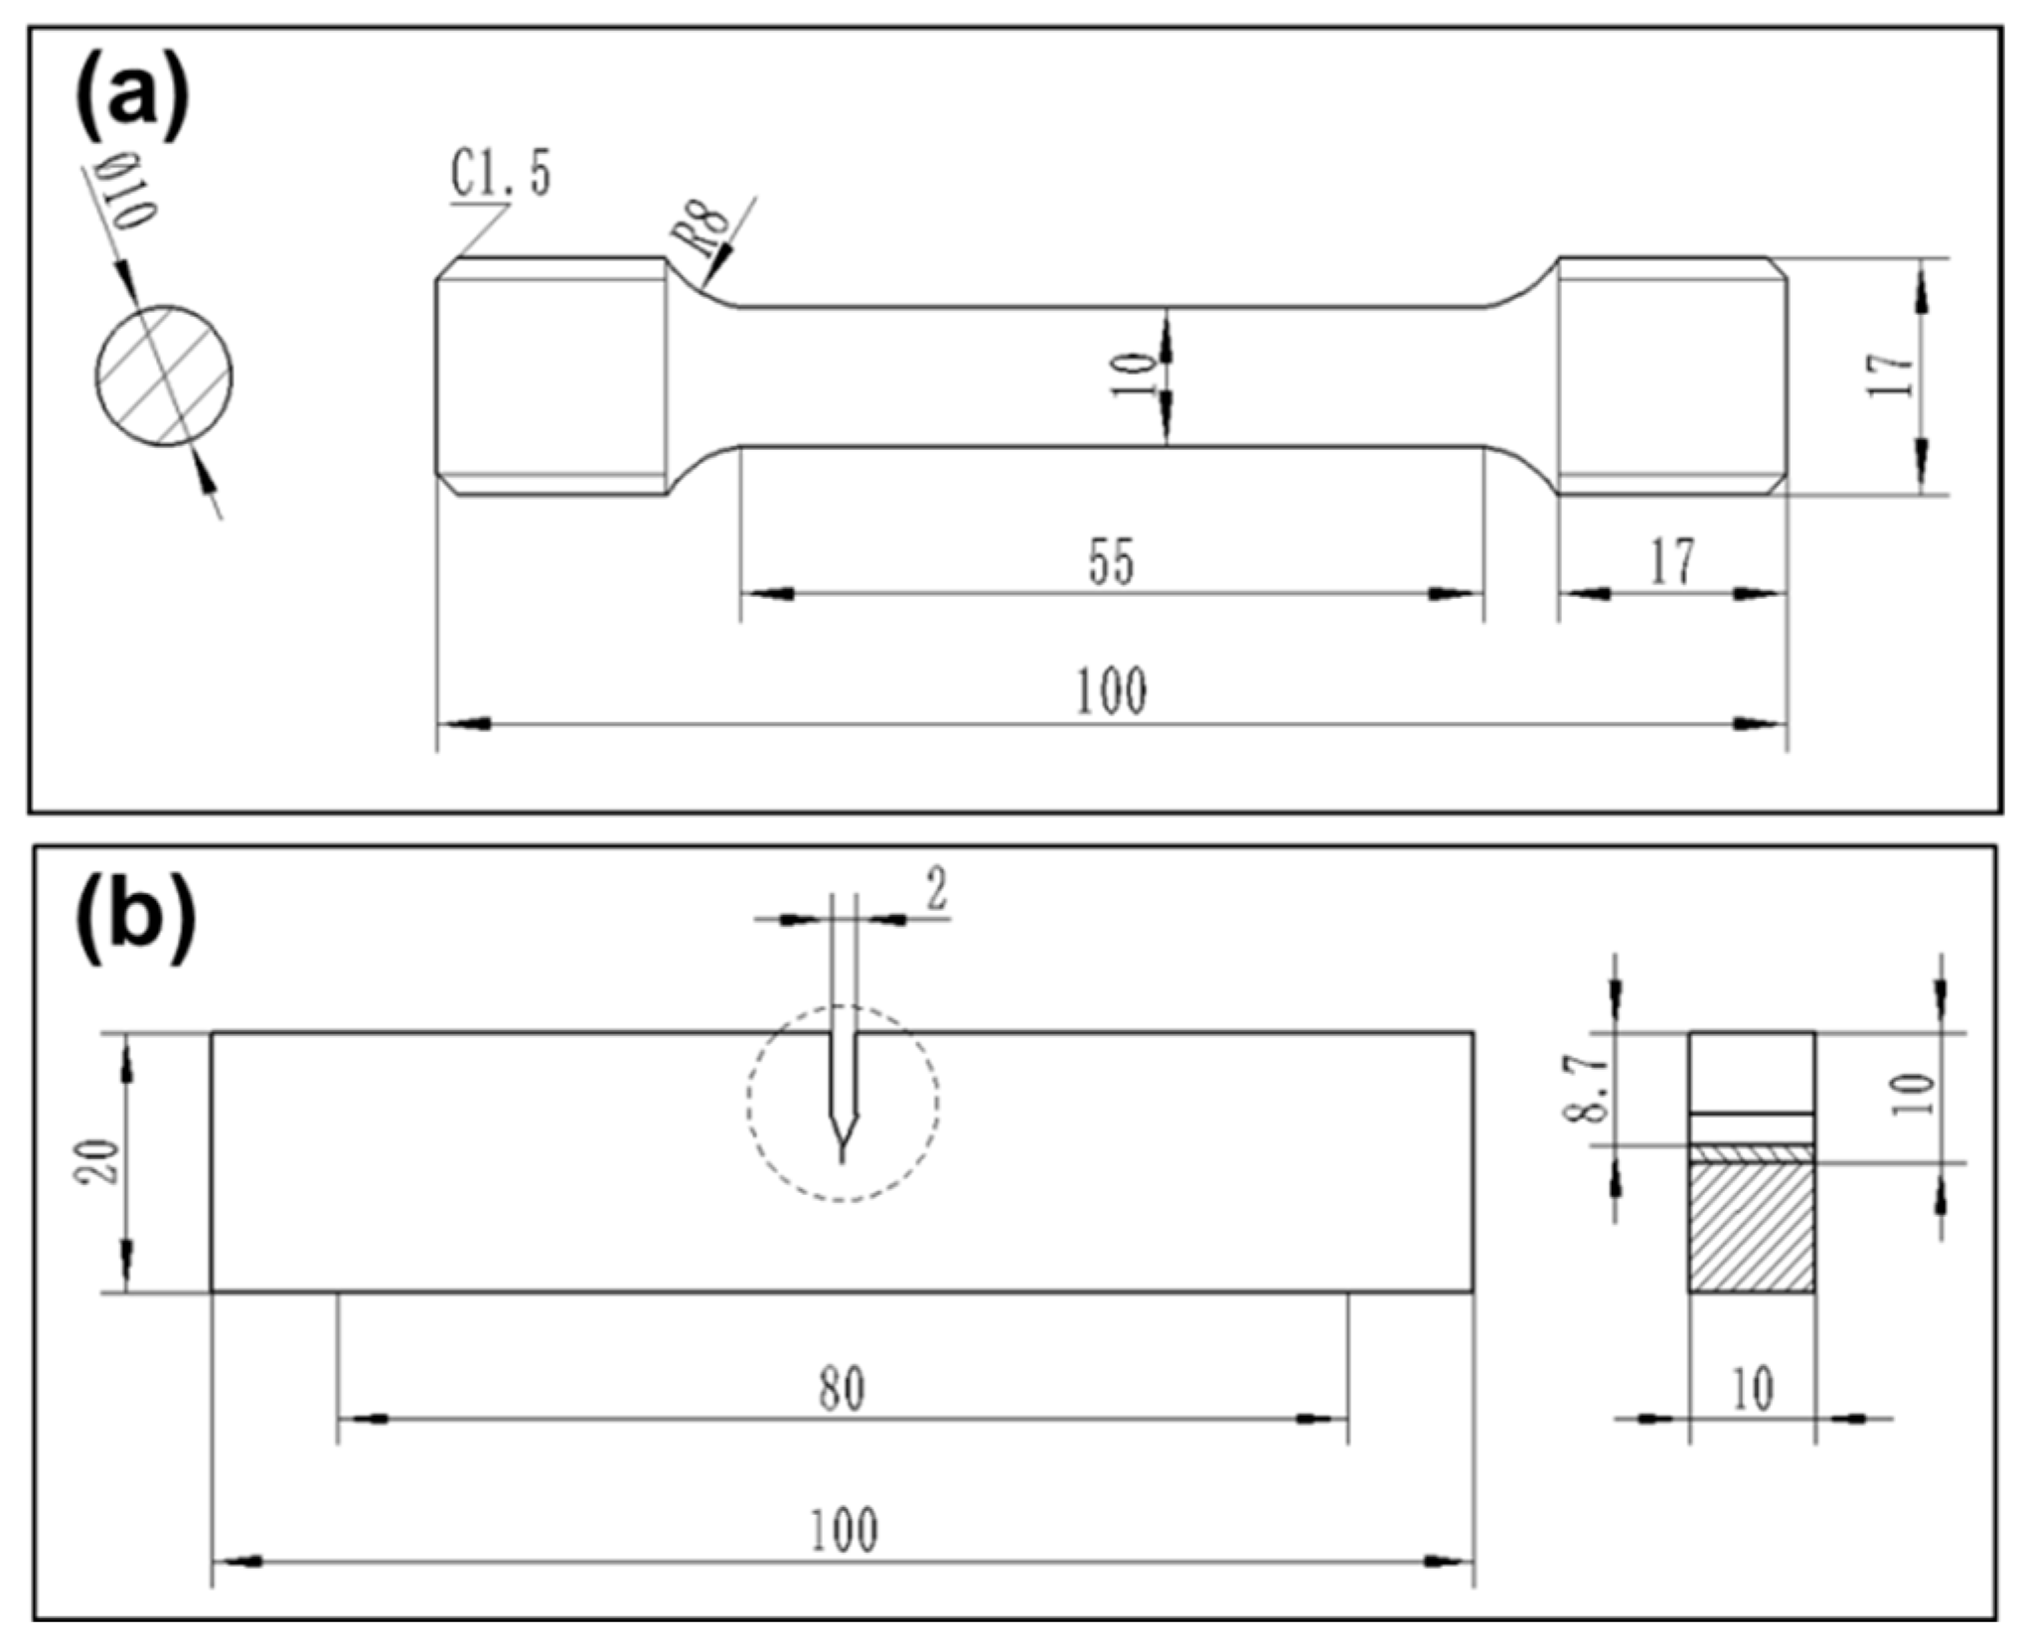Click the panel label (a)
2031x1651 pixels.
pyautogui.click(x=131, y=102)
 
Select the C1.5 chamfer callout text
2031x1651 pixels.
pyautogui.click(x=501, y=175)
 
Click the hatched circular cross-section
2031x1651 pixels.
pyautogui.click(x=164, y=376)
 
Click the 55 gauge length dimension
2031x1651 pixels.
pyautogui.click(x=1111, y=562)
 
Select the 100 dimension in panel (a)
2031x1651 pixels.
pyautogui.click(x=1111, y=691)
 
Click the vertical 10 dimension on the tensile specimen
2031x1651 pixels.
pyautogui.click(x=1133, y=375)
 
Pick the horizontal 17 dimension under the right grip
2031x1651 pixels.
pyautogui.click(x=1672, y=562)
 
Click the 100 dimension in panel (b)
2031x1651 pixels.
pyautogui.click(x=843, y=1530)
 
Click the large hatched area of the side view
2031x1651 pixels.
pyautogui.click(x=1752, y=1228)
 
